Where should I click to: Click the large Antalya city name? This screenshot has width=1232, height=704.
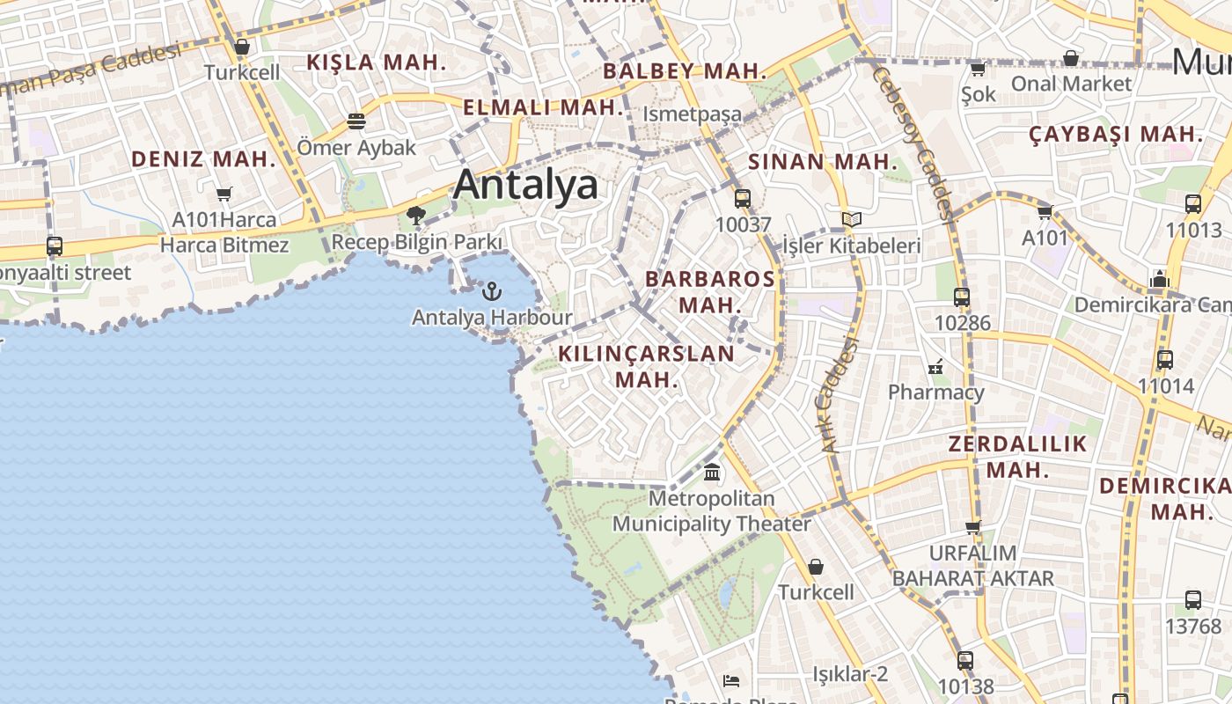tap(525, 185)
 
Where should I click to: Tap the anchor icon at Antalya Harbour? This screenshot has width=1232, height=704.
tap(492, 291)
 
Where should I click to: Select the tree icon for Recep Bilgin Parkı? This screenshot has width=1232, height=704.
tap(416, 215)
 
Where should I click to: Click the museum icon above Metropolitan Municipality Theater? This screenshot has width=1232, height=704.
tap(712, 473)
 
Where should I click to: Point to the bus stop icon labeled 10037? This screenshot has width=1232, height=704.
tap(743, 198)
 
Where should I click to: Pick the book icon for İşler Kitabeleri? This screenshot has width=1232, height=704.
tap(851, 219)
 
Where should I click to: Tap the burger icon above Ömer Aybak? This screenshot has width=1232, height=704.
tap(356, 121)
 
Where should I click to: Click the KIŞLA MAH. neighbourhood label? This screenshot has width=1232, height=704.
tap(376, 62)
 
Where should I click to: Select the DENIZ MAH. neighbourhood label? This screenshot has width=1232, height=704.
tap(203, 159)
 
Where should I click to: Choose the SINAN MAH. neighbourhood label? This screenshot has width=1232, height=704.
tap(823, 162)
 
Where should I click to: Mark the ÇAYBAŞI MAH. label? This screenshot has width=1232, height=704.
tap(1116, 135)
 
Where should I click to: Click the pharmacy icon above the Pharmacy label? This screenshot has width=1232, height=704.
tap(935, 366)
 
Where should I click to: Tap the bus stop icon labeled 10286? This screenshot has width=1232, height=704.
tap(962, 297)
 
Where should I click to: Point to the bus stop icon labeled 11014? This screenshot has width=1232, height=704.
tap(1165, 360)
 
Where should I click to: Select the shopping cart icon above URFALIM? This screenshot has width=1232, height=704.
tap(972, 528)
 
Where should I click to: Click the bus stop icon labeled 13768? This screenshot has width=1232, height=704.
tap(1193, 600)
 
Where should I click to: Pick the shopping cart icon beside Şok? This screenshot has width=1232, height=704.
tap(978, 69)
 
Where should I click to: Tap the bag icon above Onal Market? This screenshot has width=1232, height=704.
tap(1071, 58)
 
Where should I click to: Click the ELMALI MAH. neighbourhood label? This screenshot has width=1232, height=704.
tap(542, 108)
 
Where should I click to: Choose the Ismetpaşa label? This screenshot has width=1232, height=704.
tap(692, 114)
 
